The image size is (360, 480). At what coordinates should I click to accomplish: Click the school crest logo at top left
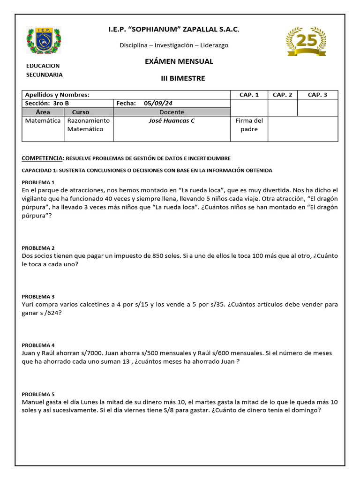[44, 41]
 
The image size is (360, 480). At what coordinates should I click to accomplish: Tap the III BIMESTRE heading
[180, 78]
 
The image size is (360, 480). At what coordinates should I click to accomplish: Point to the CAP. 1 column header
[249, 95]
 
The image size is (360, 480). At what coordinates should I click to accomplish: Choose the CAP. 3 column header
[317, 95]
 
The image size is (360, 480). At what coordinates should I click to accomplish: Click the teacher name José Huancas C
[172, 121]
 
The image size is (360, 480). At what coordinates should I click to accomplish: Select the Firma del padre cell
[249, 125]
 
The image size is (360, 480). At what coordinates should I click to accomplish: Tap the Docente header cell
[172, 112]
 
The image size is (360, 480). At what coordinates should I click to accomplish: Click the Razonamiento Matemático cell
[89, 125]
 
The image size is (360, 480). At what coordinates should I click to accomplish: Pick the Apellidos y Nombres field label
[57, 95]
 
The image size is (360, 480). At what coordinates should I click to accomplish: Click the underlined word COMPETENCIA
[42, 158]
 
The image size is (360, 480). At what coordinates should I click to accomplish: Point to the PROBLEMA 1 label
[38, 182]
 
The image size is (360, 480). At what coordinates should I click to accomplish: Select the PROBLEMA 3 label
[38, 297]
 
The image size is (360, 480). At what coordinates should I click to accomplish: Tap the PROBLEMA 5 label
[38, 394]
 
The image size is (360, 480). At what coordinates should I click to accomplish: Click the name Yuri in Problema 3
[29, 305]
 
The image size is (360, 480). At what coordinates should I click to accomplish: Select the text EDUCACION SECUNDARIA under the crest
[44, 70]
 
